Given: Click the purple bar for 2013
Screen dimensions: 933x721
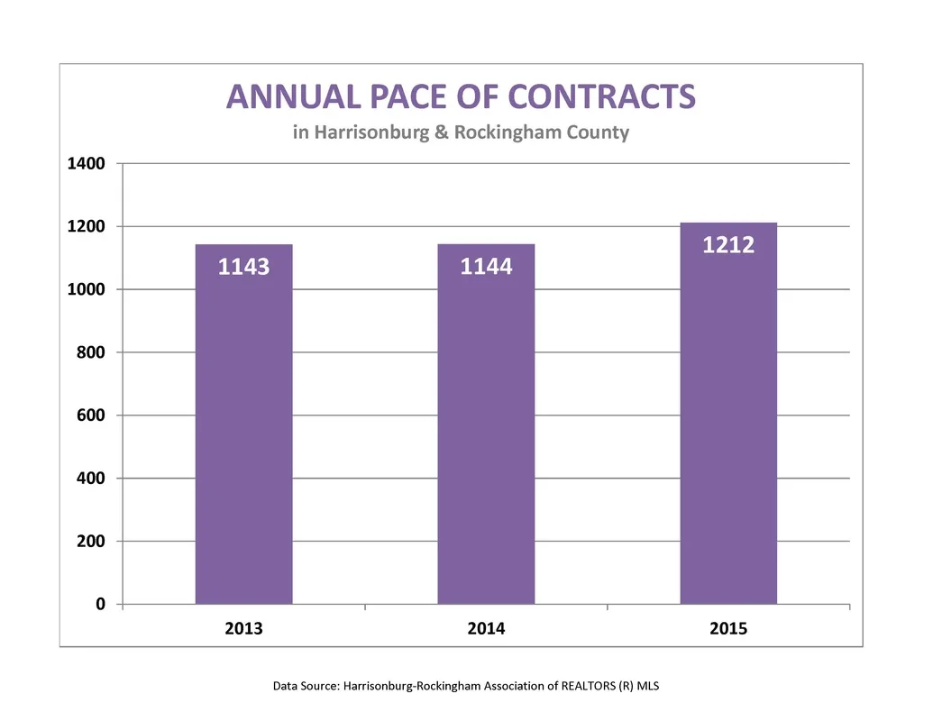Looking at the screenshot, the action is click(x=244, y=424).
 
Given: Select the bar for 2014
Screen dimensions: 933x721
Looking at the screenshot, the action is click(x=486, y=424).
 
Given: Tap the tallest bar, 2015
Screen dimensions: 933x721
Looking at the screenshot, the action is click(x=728, y=414).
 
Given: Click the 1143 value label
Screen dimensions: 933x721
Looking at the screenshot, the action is click(x=244, y=267).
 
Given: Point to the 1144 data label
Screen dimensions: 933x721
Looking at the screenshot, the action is click(x=486, y=267).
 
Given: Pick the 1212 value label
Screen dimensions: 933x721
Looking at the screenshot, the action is click(x=728, y=245).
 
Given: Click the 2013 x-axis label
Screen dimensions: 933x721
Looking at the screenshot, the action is click(x=244, y=628).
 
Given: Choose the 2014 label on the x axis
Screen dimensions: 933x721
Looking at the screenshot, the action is click(x=486, y=628).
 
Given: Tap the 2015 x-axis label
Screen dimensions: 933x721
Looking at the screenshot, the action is click(x=728, y=628).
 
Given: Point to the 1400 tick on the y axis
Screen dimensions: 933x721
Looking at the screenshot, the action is click(x=87, y=164).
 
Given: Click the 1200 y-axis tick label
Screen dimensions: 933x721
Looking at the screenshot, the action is click(x=87, y=226).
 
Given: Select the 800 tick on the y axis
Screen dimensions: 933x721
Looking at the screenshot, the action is click(x=91, y=352).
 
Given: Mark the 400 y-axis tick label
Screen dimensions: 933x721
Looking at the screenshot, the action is click(x=91, y=479).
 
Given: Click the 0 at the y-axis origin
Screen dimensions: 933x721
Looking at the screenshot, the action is click(x=101, y=605).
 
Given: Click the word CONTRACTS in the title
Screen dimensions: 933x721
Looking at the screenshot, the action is click(x=601, y=96).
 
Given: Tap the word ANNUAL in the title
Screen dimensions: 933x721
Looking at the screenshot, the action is click(x=293, y=96).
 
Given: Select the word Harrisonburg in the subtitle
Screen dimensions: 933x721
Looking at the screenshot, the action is click(x=372, y=132).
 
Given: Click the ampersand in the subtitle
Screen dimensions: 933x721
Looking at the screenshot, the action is click(x=442, y=132).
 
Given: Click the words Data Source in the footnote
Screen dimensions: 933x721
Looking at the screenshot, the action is click(x=306, y=686).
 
